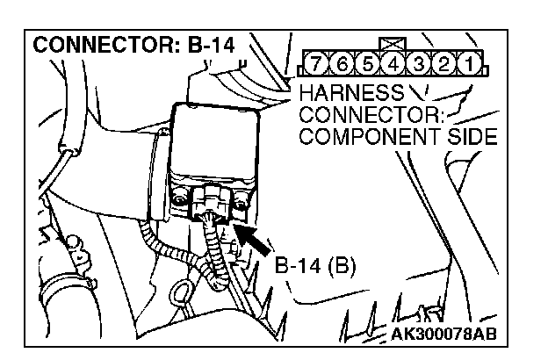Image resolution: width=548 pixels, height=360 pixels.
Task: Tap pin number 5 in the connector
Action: click(x=368, y=64)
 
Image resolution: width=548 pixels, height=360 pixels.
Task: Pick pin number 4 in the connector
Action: click(x=393, y=64)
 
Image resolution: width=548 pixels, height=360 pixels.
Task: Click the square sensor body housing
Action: click(x=215, y=149)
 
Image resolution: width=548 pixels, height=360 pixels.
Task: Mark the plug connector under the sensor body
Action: click(x=211, y=202)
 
